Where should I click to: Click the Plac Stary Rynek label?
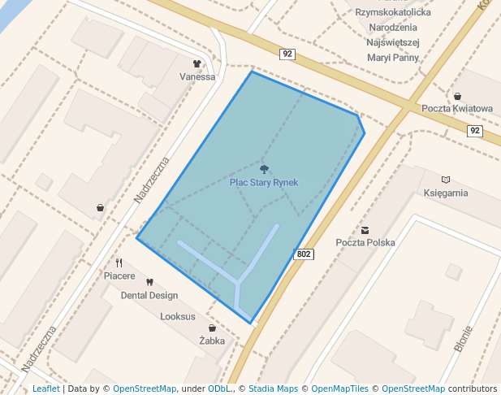click(264, 183)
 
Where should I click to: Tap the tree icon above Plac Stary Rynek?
click(264, 169)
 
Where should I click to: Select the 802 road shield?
click(304, 254)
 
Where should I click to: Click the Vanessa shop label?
click(197, 77)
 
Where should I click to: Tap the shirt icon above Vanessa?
click(197, 63)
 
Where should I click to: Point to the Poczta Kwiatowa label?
click(457, 109)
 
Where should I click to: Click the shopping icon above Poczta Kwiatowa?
click(457, 96)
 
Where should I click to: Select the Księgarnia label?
click(446, 193)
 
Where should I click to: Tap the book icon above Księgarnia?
click(445, 180)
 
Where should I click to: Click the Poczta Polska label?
click(365, 243)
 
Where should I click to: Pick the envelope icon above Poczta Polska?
click(365, 230)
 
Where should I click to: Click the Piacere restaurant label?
click(119, 276)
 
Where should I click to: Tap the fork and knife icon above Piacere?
click(119, 263)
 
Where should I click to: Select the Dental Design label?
click(149, 296)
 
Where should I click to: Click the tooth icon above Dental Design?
click(149, 282)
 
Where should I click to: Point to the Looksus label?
click(178, 317)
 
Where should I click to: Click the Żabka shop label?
click(212, 341)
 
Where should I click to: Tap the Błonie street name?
click(464, 338)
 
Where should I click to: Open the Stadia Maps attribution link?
click(273, 389)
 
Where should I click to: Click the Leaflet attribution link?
click(46, 389)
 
